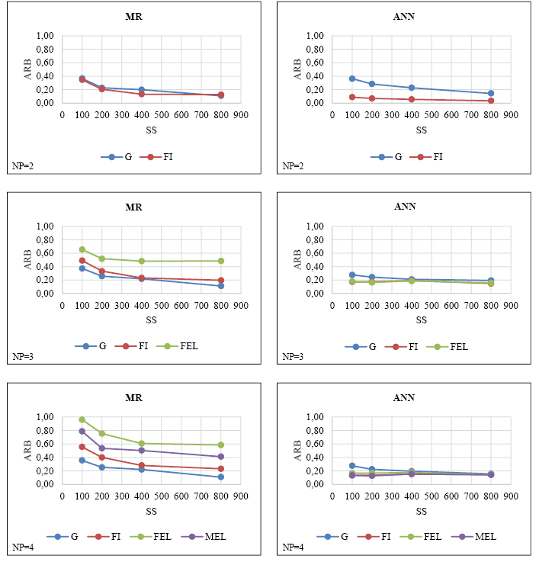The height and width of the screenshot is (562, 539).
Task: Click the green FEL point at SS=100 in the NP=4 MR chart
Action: click(x=82, y=419)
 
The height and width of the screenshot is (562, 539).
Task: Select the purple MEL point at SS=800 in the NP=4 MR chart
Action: click(x=221, y=457)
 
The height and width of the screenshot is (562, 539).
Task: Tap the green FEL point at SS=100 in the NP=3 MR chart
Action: click(x=82, y=249)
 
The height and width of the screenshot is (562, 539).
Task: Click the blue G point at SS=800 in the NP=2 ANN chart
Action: click(x=491, y=93)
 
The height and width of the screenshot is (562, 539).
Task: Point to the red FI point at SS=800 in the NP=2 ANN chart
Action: click(x=491, y=101)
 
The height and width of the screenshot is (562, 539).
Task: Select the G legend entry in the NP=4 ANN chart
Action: click(x=336, y=536)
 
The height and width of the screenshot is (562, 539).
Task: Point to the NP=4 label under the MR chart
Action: click(x=24, y=548)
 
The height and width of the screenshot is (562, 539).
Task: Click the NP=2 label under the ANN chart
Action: click(x=294, y=165)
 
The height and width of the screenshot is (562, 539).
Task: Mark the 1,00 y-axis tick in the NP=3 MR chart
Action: click(x=45, y=226)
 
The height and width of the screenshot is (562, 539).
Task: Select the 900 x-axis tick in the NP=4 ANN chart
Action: click(x=511, y=496)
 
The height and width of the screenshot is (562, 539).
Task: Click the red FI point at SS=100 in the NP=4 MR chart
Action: click(x=82, y=447)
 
